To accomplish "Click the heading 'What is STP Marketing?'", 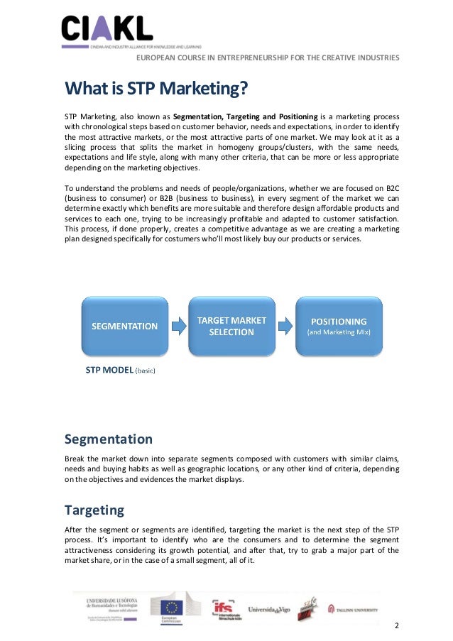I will click(x=156, y=89).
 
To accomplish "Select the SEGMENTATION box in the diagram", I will click(x=124, y=326).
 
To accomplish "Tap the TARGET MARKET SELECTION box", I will click(x=231, y=326).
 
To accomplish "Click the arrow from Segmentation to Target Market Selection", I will click(x=178, y=326).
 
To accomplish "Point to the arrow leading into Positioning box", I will click(x=285, y=326).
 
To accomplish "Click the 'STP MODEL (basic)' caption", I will click(x=120, y=370).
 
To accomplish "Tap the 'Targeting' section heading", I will click(x=94, y=510).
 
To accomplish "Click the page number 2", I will click(x=396, y=627).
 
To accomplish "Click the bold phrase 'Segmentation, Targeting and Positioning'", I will click(x=245, y=116).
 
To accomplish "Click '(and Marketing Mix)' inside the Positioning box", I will click(x=338, y=332).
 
